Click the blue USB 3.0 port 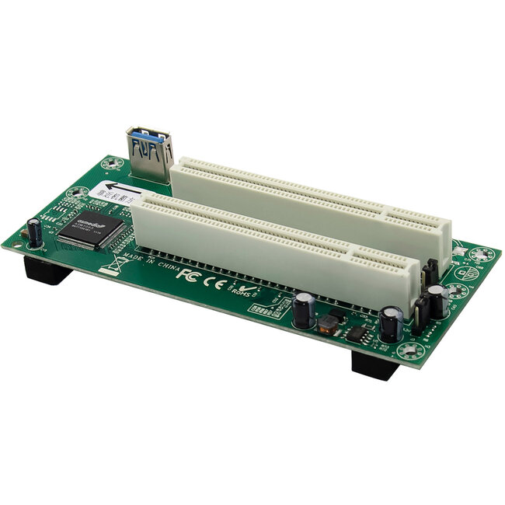click(x=151, y=152)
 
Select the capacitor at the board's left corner click(x=35, y=232)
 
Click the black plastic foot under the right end click(x=375, y=364)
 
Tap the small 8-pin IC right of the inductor click(x=357, y=335)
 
